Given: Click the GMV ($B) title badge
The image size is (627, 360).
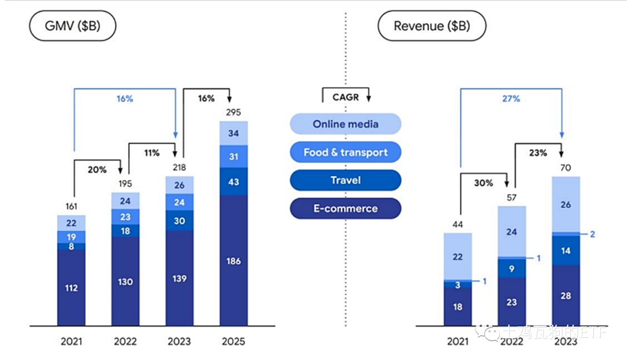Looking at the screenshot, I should point(73,26).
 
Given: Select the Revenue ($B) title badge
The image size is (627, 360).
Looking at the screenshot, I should point(431,26).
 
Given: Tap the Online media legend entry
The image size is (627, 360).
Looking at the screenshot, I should point(345,124).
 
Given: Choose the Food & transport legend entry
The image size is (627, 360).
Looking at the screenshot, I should point(345,152).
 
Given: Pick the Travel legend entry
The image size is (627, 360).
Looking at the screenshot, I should point(345,180).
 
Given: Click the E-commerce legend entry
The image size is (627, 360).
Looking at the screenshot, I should point(345,208).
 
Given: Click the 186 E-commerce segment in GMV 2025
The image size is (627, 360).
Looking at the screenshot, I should point(233,261).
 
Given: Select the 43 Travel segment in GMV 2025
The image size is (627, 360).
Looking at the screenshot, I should point(233,181).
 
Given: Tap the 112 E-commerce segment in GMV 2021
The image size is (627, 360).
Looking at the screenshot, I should point(71,287).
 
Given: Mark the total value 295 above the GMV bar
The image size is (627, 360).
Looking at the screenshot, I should point(233,112).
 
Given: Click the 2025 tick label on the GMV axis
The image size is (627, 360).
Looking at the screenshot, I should point(233,341).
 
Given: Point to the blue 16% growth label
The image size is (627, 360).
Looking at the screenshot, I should point(125,99).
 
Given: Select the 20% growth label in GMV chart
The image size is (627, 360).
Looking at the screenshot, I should point(97,170).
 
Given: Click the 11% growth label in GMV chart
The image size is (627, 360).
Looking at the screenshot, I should point(152,153).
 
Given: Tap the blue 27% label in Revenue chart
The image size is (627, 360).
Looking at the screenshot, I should point(511,99).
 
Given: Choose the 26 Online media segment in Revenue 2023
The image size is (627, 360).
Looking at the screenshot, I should point(565,204).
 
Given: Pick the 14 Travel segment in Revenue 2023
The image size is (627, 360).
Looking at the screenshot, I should point(565,250).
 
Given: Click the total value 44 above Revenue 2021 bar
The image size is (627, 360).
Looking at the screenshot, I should point(457,224).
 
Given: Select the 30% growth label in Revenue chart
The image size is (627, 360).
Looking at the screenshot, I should point(483,183).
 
